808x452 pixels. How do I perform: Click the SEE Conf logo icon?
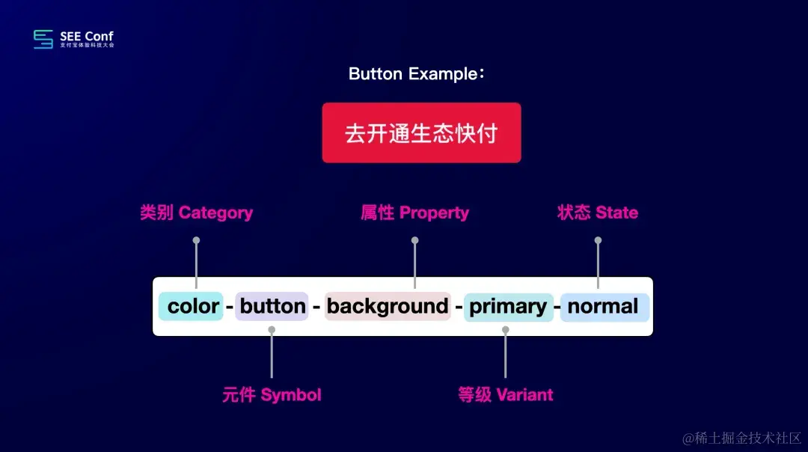[43, 40]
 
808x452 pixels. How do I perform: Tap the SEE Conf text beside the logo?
[87, 37]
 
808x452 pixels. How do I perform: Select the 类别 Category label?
[196, 213]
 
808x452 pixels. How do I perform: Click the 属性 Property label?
[414, 213]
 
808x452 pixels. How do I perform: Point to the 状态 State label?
[597, 213]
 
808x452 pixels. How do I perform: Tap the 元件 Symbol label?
[272, 395]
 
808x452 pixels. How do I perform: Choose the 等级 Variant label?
[505, 395]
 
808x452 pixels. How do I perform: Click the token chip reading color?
[192, 306]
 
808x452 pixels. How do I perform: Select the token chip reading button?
[272, 306]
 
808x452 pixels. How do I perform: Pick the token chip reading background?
[388, 306]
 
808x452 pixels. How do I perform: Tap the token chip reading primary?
[508, 306]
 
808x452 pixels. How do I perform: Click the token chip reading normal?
[603, 306]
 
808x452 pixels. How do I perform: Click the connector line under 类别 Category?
[196, 264]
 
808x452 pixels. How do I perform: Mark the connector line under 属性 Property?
[414, 264]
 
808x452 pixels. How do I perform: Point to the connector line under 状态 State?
[598, 264]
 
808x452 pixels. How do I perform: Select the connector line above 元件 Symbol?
[272, 353]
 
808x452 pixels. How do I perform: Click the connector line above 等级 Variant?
[506, 353]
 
